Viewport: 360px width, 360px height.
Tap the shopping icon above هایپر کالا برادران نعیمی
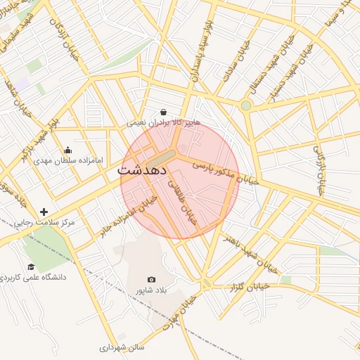(x=164, y=112)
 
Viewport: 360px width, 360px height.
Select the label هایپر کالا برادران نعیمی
(x=164, y=122)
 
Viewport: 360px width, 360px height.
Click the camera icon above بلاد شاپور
(x=152, y=279)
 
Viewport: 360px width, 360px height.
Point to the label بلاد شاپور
(x=153, y=290)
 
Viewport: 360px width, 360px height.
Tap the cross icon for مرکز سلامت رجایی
(x=44, y=212)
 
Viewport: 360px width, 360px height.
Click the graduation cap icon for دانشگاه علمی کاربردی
(x=31, y=266)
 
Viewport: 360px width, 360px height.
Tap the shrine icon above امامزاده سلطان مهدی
(x=67, y=149)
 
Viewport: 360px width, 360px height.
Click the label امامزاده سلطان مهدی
(x=68, y=160)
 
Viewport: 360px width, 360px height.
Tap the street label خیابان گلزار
(x=251, y=286)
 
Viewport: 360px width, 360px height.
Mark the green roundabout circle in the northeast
(x=245, y=105)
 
